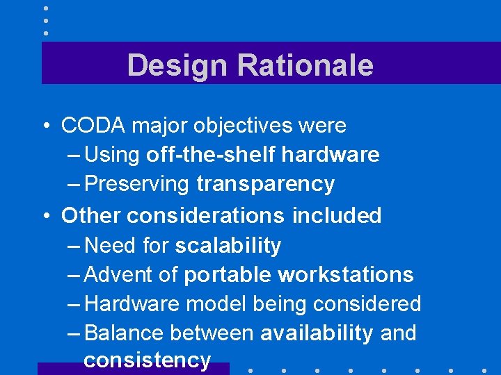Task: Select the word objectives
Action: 237,126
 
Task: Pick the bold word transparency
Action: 265,184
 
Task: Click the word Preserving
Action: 146,184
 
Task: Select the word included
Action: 337,216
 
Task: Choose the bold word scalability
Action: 228,246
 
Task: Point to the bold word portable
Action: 228,275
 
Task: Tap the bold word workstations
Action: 346,275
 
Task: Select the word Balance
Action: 125,333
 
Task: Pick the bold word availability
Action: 317,333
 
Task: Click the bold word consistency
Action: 147,360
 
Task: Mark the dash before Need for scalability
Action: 74,246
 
